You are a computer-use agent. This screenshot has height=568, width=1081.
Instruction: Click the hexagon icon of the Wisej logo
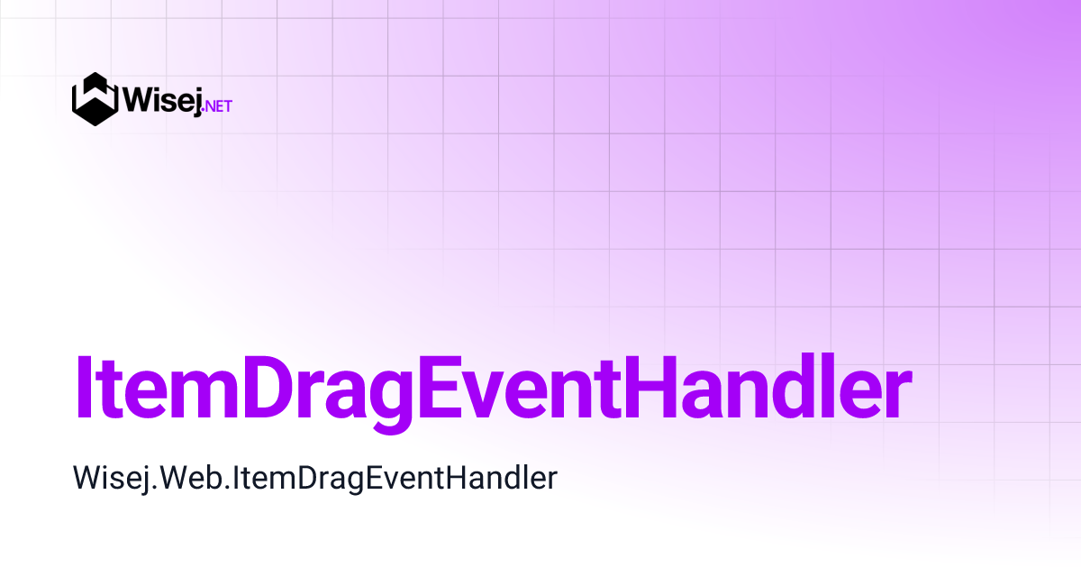(x=95, y=99)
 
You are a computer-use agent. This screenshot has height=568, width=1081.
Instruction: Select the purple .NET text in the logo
(x=219, y=105)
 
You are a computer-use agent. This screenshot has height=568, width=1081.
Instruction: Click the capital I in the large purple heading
(x=84, y=387)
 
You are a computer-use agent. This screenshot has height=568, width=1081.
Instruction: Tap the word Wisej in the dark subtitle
(x=106, y=478)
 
